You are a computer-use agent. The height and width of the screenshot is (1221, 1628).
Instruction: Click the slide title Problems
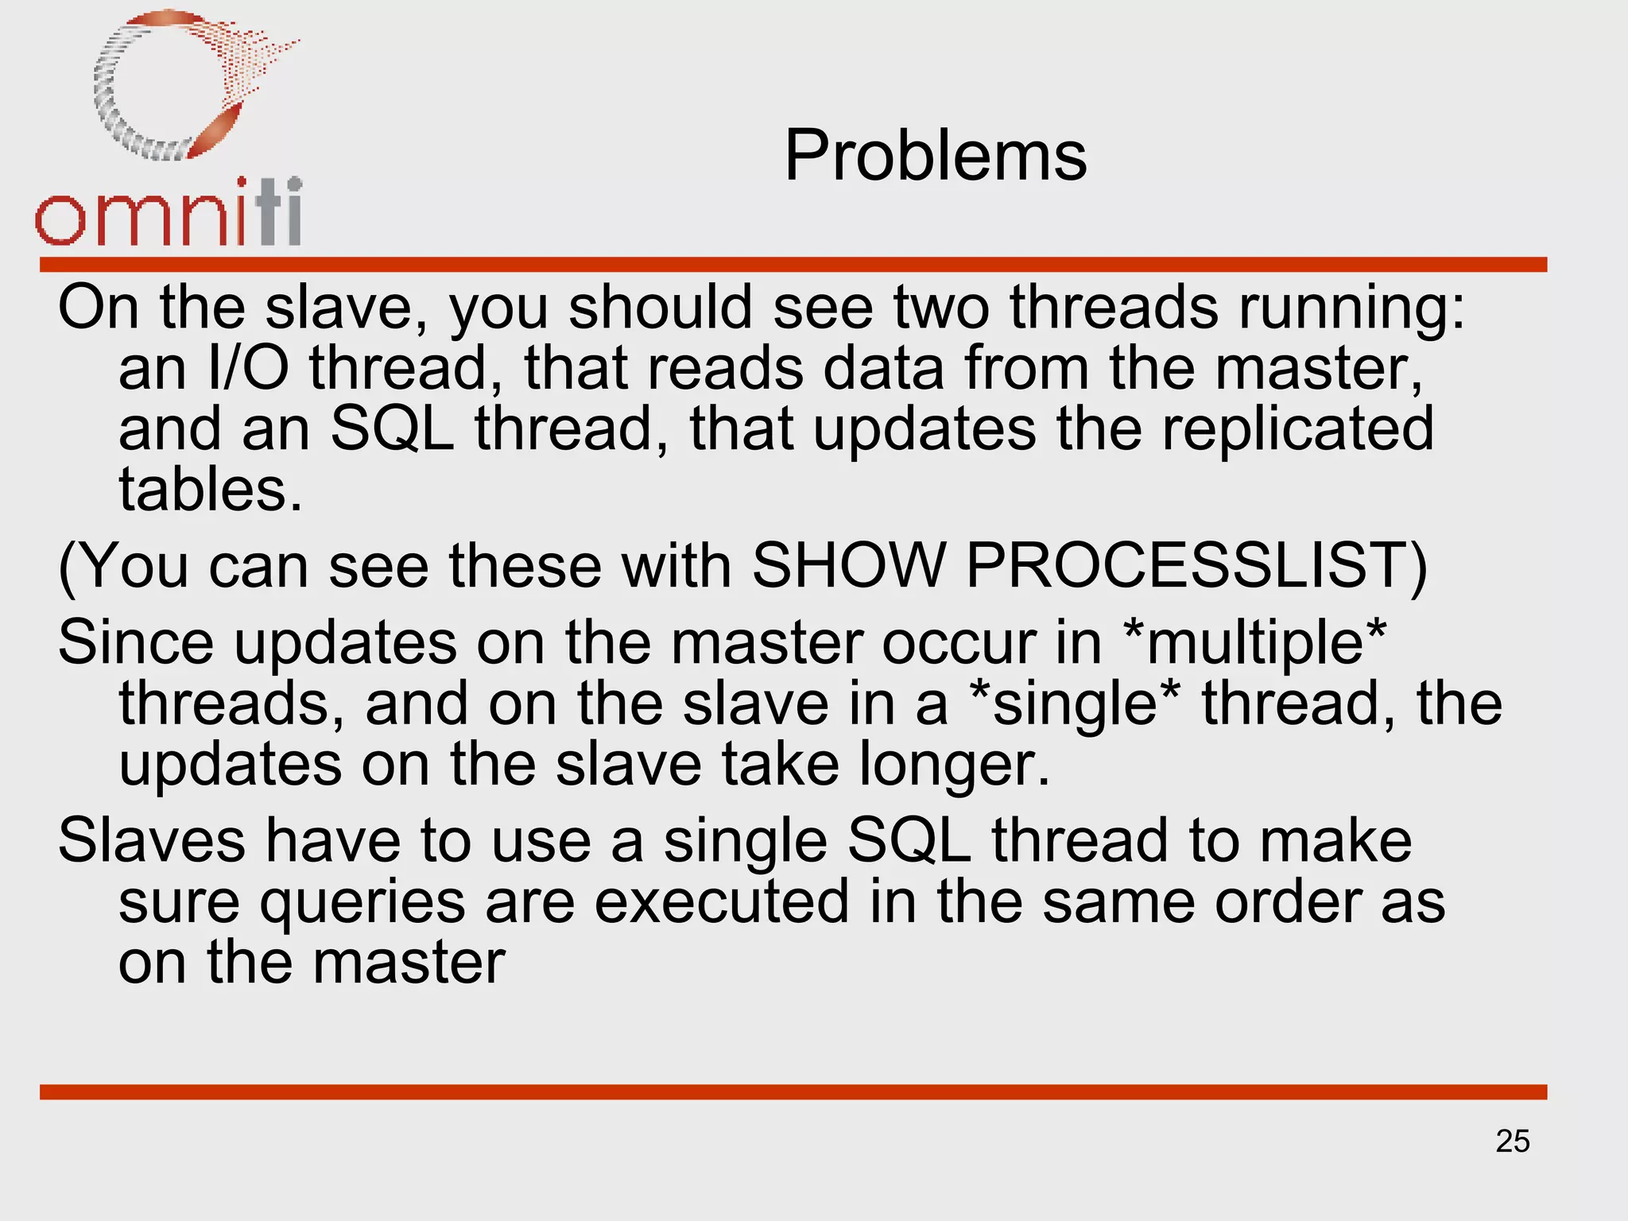(x=935, y=156)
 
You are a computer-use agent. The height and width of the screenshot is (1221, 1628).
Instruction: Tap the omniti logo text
(x=169, y=213)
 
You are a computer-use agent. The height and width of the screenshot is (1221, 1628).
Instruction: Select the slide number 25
(x=1512, y=1142)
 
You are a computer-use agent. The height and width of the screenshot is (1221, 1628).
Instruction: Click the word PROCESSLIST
(x=1196, y=566)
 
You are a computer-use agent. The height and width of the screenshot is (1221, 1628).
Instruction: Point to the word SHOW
(x=848, y=566)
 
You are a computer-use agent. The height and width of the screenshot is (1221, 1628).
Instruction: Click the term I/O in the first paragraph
(x=247, y=369)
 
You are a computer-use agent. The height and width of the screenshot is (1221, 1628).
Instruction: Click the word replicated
(x=1297, y=429)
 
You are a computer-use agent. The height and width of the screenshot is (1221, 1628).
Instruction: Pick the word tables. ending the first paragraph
(x=211, y=490)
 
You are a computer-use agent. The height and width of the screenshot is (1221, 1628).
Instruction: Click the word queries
(x=362, y=903)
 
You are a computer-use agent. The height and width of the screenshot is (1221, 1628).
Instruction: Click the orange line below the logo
(x=793, y=265)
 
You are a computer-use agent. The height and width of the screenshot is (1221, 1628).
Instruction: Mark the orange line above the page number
(x=793, y=1091)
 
